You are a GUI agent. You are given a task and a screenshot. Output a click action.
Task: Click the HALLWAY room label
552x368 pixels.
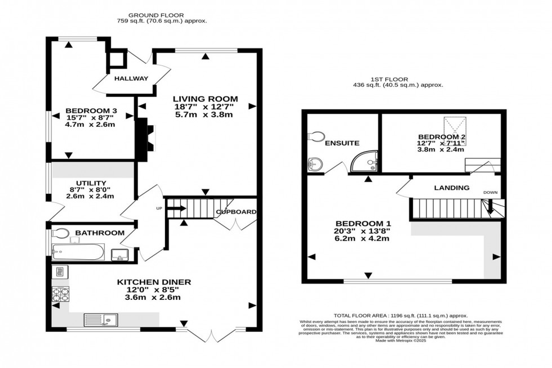[x=131, y=78]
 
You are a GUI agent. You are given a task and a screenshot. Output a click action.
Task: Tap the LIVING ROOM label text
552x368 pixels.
[x=205, y=99]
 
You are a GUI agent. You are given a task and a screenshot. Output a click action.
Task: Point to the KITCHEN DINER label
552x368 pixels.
[x=154, y=282]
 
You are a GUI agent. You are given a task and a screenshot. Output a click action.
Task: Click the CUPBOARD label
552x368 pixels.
[x=236, y=212]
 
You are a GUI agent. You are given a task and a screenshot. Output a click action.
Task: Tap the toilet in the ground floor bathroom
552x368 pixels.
[x=60, y=233]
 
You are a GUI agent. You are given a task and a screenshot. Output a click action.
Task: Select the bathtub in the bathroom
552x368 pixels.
[x=78, y=251]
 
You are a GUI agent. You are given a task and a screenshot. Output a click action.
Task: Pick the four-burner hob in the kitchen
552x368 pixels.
[x=60, y=294]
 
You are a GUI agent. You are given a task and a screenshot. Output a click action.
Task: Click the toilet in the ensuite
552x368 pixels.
[x=316, y=136]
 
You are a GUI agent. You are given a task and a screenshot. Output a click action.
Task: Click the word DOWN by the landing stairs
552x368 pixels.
[x=490, y=193]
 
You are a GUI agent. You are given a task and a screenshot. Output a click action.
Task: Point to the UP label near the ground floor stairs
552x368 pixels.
[x=159, y=209]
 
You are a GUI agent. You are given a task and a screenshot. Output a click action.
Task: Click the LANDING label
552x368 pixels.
[x=451, y=188]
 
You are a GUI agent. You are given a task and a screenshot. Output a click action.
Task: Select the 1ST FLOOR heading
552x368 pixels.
[x=398, y=79]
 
